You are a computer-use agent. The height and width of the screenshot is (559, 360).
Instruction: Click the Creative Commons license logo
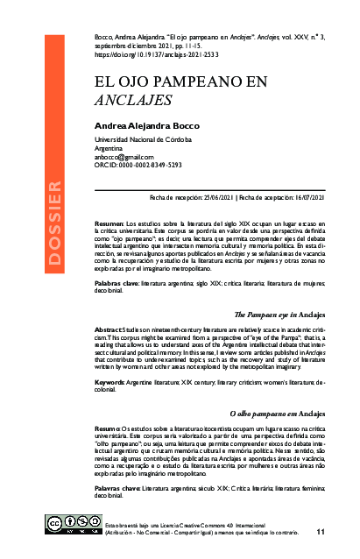tap(72, 523)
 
